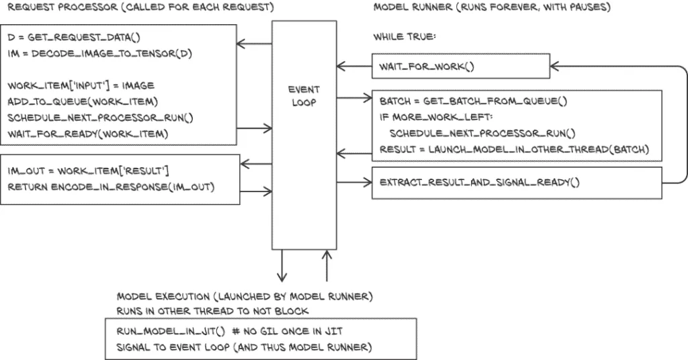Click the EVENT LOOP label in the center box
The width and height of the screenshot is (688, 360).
pos(304,96)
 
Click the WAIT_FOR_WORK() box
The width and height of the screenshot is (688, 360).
pos(460,66)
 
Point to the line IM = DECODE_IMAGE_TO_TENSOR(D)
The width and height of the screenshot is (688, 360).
pos(100,53)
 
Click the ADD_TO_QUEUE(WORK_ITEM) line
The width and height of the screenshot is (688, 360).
pos(82,101)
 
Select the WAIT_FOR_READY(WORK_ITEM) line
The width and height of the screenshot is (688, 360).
pos(87,134)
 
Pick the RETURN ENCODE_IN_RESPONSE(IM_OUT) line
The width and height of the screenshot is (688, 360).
pos(112,186)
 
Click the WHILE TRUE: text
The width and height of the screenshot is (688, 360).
pos(404,38)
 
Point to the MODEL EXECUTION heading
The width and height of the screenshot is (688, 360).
pos(245,296)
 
